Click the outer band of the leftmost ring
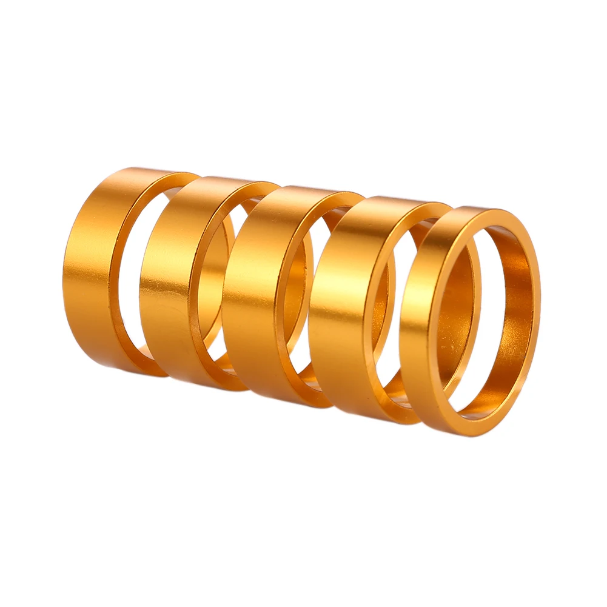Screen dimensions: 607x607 pyautogui.click(x=91, y=267)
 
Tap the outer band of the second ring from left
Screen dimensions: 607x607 pyautogui.click(x=167, y=279)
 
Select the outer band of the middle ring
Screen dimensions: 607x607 pyautogui.click(x=252, y=291)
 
